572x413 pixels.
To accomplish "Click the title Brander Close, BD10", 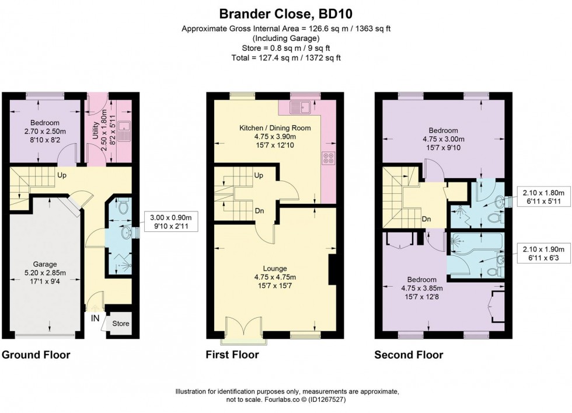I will coord(285,13).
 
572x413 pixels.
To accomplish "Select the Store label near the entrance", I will coord(120,323).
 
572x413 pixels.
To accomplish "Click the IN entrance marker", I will coord(95,319).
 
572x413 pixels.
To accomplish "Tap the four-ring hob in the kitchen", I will coord(328,157).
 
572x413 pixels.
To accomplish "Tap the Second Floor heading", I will coord(409,355).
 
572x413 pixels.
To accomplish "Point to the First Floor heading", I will coord(232,355).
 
